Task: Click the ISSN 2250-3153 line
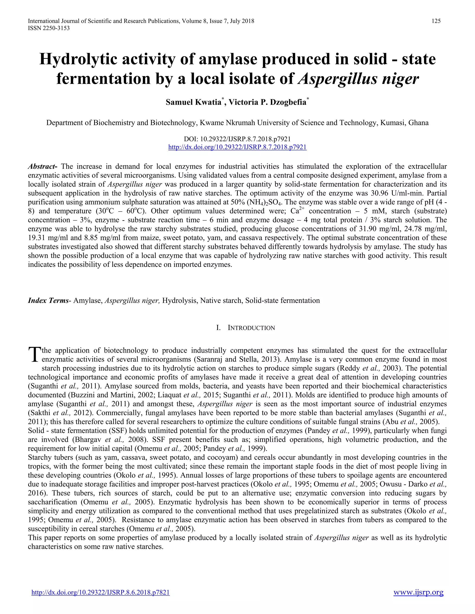coord(49,28)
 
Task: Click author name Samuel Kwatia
coord(193,102)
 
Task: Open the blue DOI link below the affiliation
coord(237,147)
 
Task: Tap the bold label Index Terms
coord(48,301)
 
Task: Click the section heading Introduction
coord(251,328)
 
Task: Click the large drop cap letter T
coord(34,355)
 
